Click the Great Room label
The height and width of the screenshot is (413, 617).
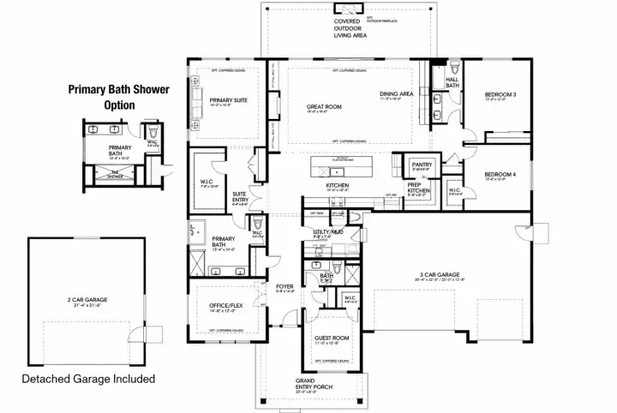point(325,107)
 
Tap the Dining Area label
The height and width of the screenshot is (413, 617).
point(397,94)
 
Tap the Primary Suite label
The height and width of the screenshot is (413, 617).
point(229,100)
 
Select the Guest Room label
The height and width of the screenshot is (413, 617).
point(332,338)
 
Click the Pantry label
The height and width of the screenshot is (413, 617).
point(421,164)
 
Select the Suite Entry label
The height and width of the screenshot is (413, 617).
point(240,196)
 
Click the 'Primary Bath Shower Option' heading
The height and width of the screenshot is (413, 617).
point(120,96)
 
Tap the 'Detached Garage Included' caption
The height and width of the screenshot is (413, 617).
point(88,378)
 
